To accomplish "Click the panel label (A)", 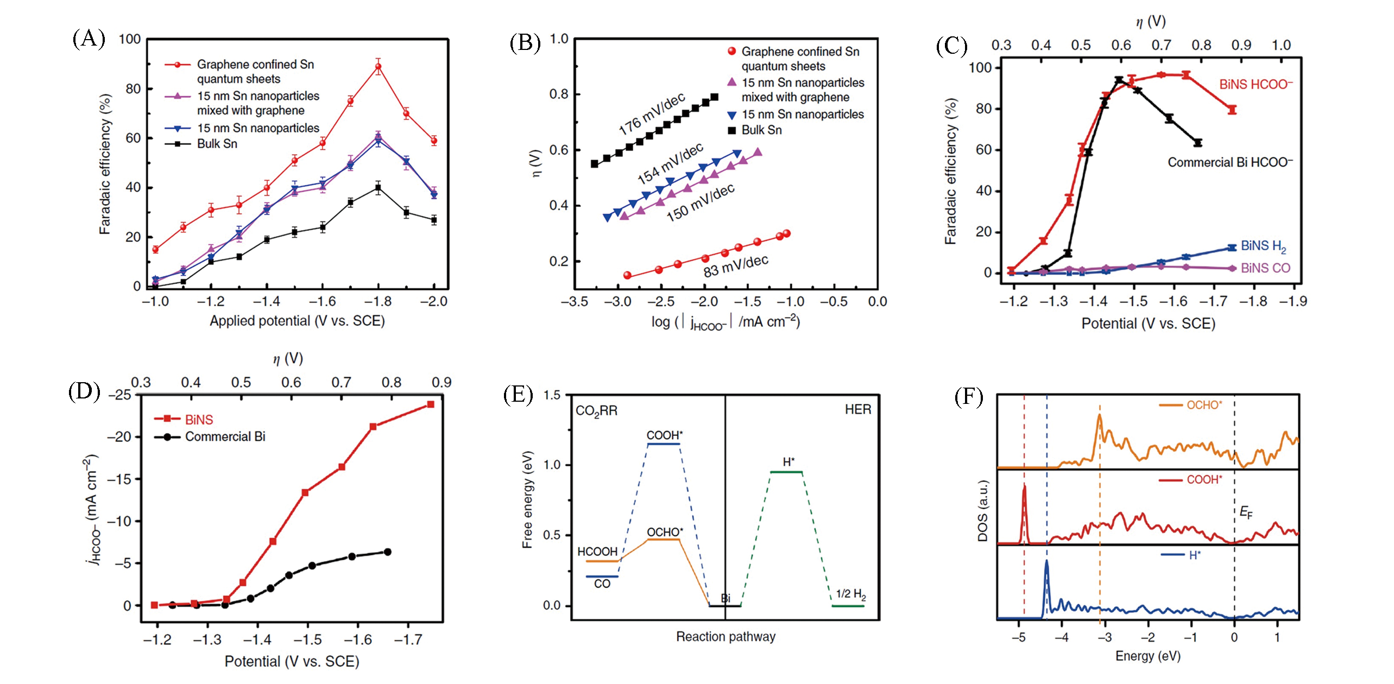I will point(89,39).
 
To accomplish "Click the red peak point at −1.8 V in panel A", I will point(378,67).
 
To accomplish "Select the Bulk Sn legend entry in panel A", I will point(217,144).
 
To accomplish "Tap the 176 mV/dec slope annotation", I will point(652,114).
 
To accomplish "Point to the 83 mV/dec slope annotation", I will point(736,265).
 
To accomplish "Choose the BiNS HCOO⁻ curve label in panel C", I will point(1256,85).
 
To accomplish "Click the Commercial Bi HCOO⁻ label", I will point(1230,162).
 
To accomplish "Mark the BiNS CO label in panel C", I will point(1265,268).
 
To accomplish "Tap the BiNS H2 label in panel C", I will point(1263,246).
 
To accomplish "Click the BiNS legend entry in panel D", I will point(199,420).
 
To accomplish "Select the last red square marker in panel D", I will point(431,404).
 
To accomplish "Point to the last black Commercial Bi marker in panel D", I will point(388,552).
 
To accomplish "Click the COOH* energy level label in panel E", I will point(664,435).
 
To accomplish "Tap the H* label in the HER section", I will point(789,462).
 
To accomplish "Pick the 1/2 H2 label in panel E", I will point(850,594).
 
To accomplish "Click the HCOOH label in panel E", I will point(597,552).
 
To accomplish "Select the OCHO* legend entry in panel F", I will point(1204,405).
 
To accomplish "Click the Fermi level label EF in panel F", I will point(1246,512).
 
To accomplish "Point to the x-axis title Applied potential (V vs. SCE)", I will point(297,321).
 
